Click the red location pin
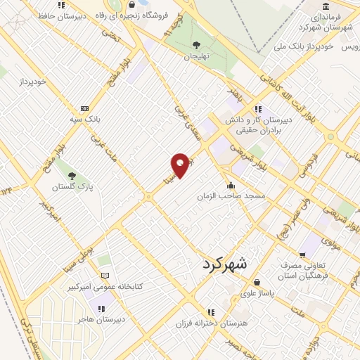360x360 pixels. click(181, 165)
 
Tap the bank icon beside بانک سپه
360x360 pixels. click(85, 108)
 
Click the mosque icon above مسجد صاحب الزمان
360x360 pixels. click(231, 185)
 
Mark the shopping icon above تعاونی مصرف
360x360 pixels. click(302, 254)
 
